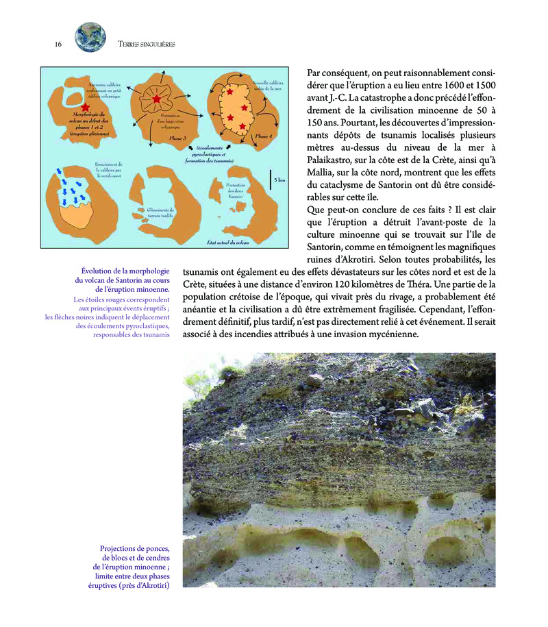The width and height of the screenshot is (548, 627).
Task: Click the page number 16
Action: click(x=58, y=44)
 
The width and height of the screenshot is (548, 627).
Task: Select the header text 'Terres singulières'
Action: click(x=147, y=44)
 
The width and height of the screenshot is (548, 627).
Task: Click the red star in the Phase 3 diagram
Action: click(x=158, y=100)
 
